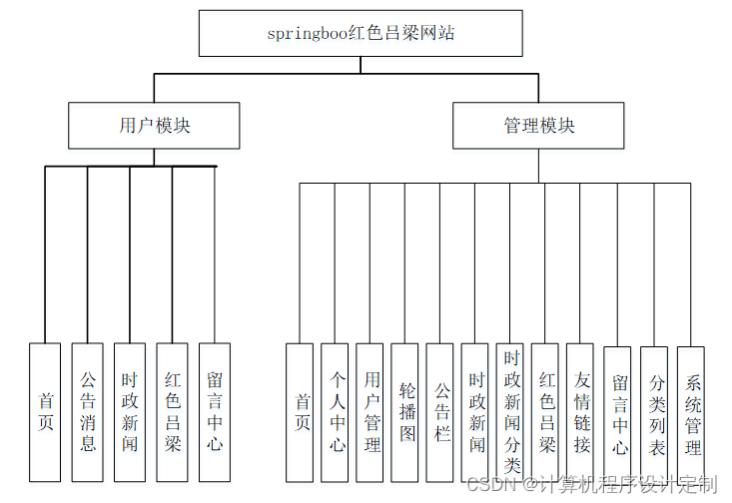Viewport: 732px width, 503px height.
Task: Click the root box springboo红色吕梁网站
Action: coord(361,33)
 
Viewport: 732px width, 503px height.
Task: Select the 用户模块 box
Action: coord(154,126)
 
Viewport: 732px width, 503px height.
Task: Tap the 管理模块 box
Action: coord(538,126)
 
